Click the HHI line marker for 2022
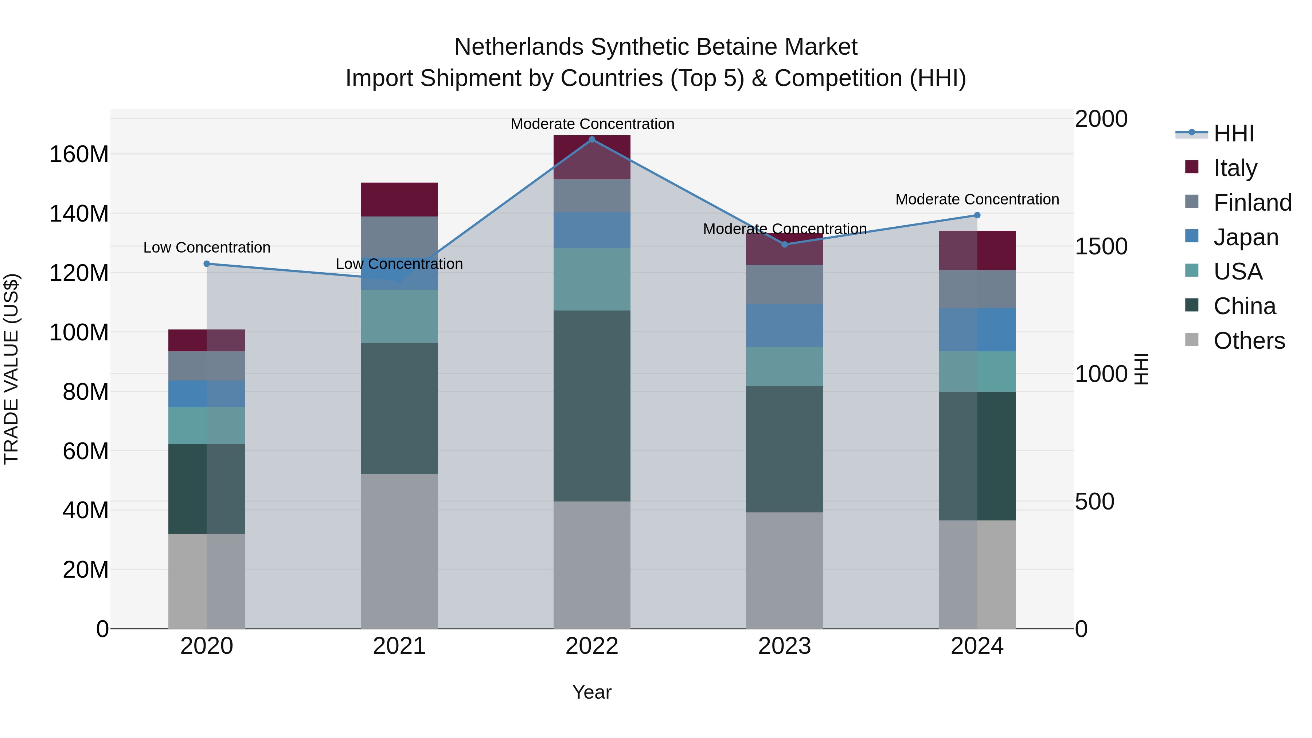click(x=592, y=140)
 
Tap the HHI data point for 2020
click(x=207, y=264)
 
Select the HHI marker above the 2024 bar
click(x=977, y=215)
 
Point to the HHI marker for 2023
click(x=784, y=245)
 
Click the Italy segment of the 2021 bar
click(x=399, y=200)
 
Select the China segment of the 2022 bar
click(x=592, y=406)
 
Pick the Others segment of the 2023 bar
click(x=784, y=570)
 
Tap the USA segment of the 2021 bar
click(x=399, y=316)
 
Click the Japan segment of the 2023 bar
click(x=784, y=325)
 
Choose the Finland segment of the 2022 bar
click(x=592, y=196)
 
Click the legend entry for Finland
click(x=1252, y=203)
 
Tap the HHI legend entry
click(x=1233, y=133)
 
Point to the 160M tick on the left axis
click(x=79, y=154)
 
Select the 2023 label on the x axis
click(x=784, y=646)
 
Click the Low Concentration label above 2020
click(x=207, y=247)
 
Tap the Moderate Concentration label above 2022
click(x=592, y=124)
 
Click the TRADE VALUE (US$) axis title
click(x=11, y=369)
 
